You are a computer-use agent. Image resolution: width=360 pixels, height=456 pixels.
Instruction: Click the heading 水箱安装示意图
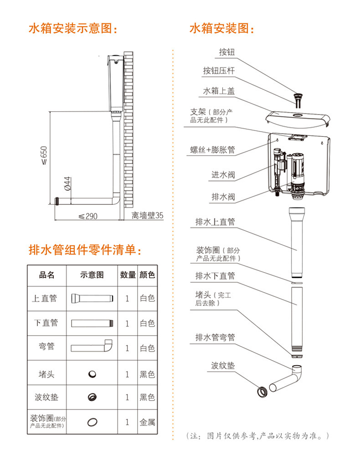click(72, 28)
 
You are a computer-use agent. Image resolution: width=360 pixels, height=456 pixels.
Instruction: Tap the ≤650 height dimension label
click(44, 155)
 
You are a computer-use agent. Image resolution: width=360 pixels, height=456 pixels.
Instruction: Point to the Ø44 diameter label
click(67, 183)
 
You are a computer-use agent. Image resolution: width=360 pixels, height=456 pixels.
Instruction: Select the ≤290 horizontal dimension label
click(88, 216)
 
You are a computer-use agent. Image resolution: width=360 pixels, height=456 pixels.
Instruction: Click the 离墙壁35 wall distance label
click(147, 215)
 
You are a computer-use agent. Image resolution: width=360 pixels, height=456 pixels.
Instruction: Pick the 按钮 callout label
click(226, 52)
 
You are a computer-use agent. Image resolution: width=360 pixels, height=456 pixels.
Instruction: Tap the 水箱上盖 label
click(218, 91)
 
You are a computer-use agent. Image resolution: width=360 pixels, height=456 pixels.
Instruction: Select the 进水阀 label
click(223, 175)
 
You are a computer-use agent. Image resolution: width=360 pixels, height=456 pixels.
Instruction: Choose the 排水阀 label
click(223, 197)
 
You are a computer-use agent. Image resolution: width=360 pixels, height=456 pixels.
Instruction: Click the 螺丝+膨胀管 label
click(212, 150)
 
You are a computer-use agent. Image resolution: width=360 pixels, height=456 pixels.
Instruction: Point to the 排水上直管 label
click(215, 222)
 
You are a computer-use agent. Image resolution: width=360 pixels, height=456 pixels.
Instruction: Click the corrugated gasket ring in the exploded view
click(262, 391)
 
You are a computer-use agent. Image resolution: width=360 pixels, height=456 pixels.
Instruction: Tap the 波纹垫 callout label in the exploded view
click(223, 365)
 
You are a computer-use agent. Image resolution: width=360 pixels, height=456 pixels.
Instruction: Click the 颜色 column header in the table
click(147, 275)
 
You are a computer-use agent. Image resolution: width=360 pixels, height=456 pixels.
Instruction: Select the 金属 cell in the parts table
click(147, 422)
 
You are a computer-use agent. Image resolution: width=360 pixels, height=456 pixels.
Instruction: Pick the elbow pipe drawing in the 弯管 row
click(92, 346)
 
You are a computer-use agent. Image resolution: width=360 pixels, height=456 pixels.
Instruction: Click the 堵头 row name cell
click(46, 374)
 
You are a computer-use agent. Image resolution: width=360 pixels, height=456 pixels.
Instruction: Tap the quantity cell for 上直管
click(127, 298)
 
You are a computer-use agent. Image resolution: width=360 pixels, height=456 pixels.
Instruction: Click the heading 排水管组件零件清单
click(85, 250)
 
